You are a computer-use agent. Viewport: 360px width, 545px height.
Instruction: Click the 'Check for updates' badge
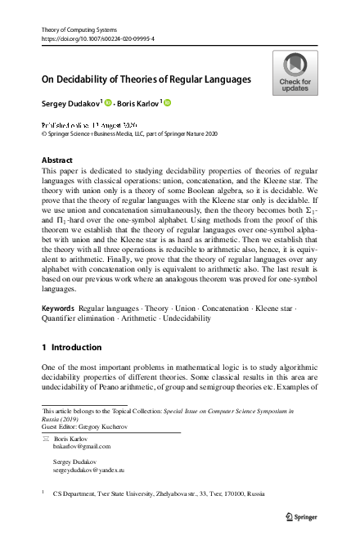[295, 73]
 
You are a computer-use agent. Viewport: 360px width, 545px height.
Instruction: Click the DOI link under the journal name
[97, 38]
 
